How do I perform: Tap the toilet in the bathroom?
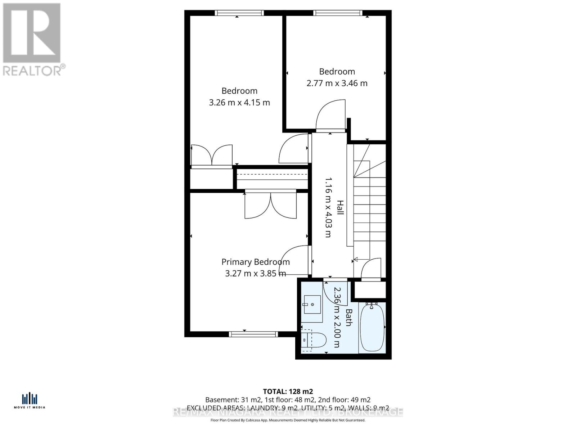point(314,339)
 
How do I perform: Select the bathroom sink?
point(312,305)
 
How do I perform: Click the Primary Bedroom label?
point(255,262)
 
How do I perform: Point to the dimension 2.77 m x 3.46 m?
point(337,83)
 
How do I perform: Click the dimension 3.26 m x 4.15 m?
point(239,103)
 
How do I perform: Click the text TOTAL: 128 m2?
point(288,391)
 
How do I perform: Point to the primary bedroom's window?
point(253,334)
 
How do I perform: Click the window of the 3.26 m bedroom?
point(239,13)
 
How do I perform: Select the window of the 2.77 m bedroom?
point(338,13)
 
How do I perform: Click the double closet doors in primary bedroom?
point(270,206)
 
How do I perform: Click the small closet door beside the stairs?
point(371,269)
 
